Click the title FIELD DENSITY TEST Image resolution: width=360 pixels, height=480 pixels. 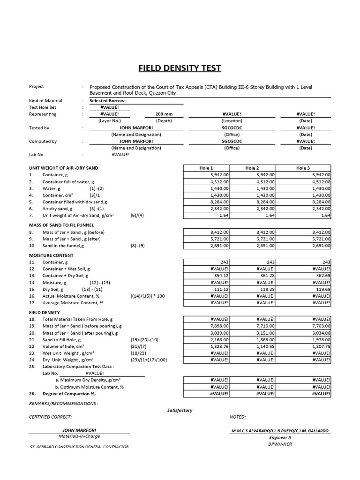[x=180, y=68]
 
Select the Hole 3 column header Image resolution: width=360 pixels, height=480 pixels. [x=303, y=168]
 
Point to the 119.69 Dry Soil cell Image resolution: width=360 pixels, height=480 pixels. [x=320, y=289]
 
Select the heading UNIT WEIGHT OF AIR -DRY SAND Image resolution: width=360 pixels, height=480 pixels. [x=63, y=168]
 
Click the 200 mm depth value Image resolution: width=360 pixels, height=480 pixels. [x=164, y=114]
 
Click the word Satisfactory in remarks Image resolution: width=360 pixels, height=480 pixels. [x=180, y=410]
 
